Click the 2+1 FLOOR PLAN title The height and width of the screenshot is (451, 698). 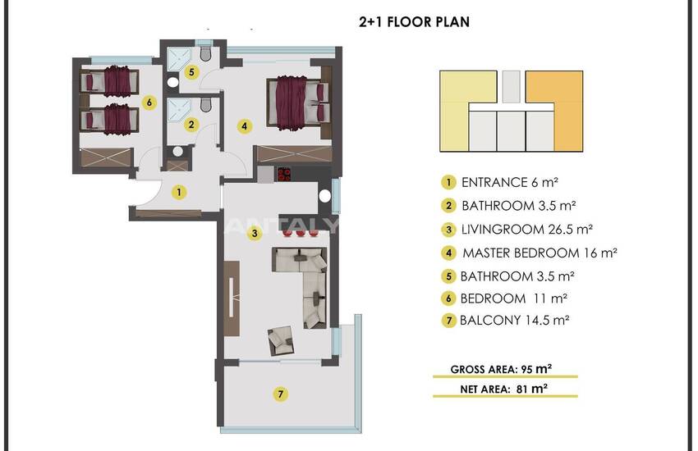[414, 22]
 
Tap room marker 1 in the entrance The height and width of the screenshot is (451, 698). [179, 193]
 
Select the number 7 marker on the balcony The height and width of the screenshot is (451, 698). [281, 394]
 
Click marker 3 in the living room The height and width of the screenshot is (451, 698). [255, 233]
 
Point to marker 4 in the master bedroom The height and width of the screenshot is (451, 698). [245, 126]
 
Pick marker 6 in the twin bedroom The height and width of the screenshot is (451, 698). [149, 102]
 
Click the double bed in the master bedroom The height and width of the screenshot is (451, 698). [298, 103]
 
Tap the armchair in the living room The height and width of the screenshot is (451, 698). [281, 341]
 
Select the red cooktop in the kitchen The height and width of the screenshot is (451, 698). [284, 174]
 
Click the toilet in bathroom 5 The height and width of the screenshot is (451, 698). [205, 52]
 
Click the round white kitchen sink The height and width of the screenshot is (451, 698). [325, 196]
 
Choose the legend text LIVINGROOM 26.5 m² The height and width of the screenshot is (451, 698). [526, 230]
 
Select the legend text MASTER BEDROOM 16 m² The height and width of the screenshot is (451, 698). [540, 253]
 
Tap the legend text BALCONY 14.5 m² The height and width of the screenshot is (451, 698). [515, 321]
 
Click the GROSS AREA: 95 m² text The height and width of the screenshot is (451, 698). [501, 369]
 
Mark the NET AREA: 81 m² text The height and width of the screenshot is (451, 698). [504, 389]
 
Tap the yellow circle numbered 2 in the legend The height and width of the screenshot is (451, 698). [448, 206]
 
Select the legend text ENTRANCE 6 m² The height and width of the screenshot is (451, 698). [510, 183]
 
